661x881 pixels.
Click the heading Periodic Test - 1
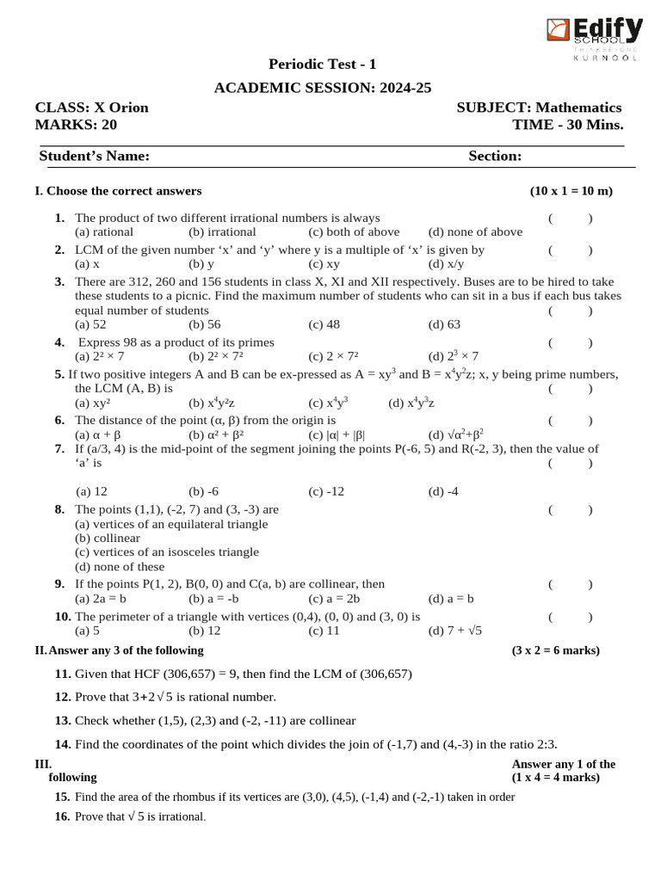coord(323,65)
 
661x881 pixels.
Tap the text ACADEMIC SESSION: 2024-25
coord(323,88)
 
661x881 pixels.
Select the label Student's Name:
coord(95,156)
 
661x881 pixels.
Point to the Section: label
coord(495,156)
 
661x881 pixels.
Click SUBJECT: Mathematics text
coord(539,108)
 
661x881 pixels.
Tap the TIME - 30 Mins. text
coord(567,125)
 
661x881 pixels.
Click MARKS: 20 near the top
coord(76,125)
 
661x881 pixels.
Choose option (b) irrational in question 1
coord(222,231)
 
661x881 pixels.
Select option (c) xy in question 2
coord(324,264)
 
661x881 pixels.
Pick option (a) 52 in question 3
coord(90,324)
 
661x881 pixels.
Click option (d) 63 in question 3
coord(444,324)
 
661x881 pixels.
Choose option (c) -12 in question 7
coord(326,491)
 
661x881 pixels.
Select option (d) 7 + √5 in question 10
coord(455,631)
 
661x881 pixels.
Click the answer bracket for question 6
coord(570,421)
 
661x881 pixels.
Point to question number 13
coord(63,721)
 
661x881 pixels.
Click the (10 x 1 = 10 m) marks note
coord(571,191)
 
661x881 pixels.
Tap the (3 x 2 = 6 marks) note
coord(556,650)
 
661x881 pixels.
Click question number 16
coord(63,816)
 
